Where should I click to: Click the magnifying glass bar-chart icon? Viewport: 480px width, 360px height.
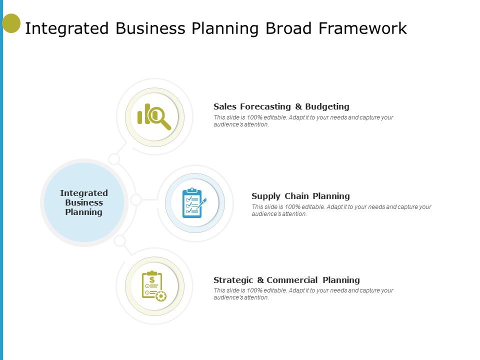154,116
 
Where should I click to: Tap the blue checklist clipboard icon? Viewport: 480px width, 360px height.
193,203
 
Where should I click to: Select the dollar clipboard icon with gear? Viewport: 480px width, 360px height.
153,286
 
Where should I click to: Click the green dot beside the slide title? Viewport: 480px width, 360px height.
11,23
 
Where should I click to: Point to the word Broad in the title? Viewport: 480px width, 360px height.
286,28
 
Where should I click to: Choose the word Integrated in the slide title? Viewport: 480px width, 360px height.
67,28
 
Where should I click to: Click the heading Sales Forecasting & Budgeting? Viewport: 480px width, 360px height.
281,106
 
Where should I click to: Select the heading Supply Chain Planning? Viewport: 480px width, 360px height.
300,196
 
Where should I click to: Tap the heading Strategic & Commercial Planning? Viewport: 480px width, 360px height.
286,280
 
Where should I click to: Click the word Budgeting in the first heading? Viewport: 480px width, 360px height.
327,106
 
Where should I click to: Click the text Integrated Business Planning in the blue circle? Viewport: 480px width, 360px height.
84,202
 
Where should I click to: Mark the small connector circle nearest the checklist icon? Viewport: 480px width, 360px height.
136,200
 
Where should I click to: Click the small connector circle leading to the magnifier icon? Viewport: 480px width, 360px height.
114,159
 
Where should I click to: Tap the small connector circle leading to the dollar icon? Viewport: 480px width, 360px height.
120,241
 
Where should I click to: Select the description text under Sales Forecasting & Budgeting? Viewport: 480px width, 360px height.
303,121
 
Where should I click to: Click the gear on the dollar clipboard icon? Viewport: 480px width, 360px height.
160,296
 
